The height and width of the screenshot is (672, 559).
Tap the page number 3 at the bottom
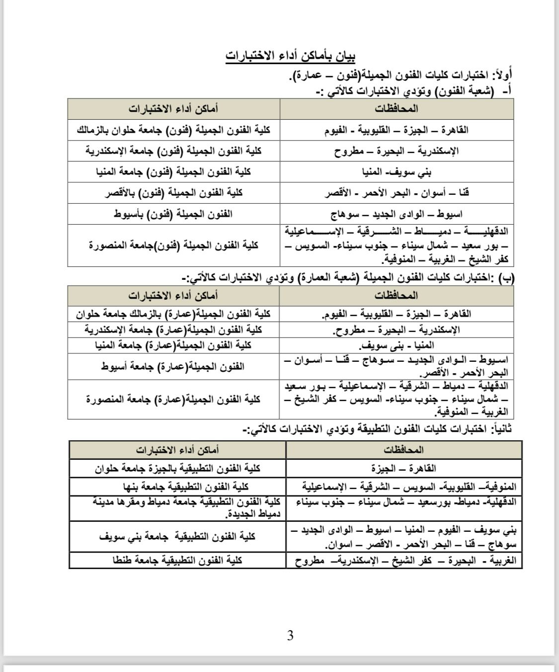290,635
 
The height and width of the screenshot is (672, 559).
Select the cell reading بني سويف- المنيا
397,172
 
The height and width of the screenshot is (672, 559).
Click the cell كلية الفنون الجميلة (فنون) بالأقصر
173,193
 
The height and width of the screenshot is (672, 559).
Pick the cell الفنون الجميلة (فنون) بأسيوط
173,214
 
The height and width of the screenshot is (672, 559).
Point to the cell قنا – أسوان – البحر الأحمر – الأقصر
397,193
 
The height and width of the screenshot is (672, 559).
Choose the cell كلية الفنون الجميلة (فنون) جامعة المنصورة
173,246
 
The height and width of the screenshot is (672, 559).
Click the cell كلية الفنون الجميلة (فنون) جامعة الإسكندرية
173,151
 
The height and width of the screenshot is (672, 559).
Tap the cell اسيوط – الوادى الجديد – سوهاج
397,214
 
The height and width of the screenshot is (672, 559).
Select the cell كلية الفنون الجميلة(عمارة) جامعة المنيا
173,345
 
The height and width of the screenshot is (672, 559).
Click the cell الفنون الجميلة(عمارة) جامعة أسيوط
173,367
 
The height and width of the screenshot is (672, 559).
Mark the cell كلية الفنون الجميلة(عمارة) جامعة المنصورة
173,400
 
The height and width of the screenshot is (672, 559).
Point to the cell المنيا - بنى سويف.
397,345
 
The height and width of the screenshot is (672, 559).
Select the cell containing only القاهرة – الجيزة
403,468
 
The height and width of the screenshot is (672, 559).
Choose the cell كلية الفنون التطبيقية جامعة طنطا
178,560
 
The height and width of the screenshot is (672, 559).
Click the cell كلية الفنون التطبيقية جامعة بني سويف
178,537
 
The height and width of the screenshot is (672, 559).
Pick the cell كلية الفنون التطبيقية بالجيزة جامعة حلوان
178,468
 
